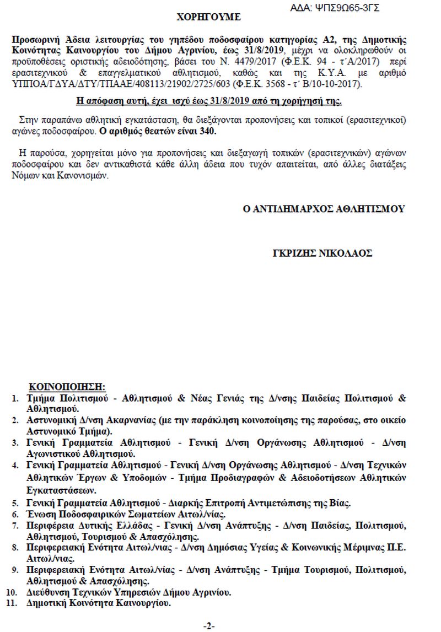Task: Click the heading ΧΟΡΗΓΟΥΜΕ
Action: [x=208, y=17]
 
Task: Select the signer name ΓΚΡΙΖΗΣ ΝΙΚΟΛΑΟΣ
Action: [x=322, y=253]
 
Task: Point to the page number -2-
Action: [x=209, y=626]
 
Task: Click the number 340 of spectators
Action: [x=208, y=132]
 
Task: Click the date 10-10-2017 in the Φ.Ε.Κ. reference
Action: [x=336, y=84]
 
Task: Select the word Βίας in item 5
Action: [x=340, y=503]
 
